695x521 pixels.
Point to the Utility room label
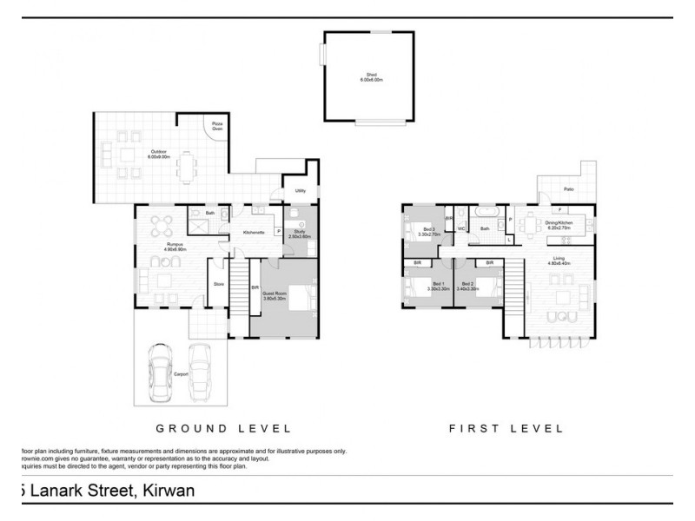click(300, 190)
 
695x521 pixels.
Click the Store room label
click(219, 282)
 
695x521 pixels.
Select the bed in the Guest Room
click(300, 298)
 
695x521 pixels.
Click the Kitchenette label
click(254, 233)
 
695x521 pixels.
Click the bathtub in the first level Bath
click(485, 212)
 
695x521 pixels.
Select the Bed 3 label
click(429, 229)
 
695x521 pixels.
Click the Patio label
click(569, 188)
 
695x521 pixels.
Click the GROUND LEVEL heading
click(223, 428)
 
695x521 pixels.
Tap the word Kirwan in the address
click(165, 491)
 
